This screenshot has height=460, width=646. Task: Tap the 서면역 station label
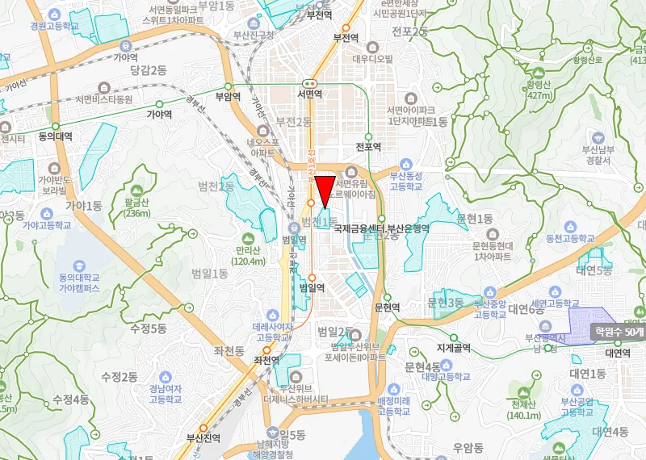point(309,94)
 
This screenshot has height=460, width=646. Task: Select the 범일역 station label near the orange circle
point(312,286)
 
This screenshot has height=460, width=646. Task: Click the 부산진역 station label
point(203,438)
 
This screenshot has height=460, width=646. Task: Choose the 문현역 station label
point(388,307)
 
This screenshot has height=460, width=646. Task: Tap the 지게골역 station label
point(453,349)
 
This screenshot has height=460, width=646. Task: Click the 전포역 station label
point(368,147)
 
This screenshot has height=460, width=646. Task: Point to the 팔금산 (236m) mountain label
point(139,207)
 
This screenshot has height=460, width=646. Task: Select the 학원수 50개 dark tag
point(620,331)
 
